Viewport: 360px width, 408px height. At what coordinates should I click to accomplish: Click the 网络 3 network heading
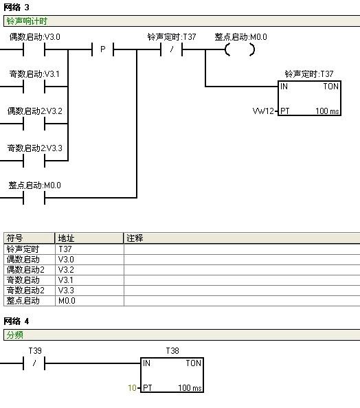tap(16, 8)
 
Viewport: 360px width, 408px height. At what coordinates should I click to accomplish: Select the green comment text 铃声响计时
tap(27, 21)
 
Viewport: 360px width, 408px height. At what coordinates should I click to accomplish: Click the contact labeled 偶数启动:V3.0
tap(34, 49)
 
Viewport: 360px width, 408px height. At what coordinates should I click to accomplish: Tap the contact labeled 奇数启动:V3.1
tap(34, 87)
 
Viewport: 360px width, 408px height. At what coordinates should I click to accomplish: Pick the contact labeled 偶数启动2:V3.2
tap(34, 124)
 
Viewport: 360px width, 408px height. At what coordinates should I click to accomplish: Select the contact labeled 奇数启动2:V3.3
tap(34, 161)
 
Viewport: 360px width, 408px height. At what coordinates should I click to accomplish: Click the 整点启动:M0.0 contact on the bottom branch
tap(34, 198)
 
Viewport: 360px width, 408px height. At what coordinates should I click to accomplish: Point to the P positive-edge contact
tap(103, 49)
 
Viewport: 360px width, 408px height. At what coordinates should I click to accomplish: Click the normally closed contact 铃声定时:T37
tap(172, 49)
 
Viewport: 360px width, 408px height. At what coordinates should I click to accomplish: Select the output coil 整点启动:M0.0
tap(240, 49)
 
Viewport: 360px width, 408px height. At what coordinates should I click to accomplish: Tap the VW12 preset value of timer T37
tap(263, 111)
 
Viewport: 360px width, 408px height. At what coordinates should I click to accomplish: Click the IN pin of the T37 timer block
tap(284, 87)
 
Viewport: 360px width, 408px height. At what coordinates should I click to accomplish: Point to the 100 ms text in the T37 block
tap(327, 111)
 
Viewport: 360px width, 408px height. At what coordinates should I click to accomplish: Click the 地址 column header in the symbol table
tap(66, 238)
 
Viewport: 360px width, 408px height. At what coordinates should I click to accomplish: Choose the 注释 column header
tap(135, 238)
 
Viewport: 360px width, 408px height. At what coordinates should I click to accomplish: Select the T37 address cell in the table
tap(65, 249)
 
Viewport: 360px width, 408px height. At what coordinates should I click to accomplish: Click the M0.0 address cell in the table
tap(67, 301)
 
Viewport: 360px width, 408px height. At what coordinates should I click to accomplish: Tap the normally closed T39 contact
tap(34, 363)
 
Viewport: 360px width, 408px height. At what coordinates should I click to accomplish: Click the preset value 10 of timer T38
tap(132, 388)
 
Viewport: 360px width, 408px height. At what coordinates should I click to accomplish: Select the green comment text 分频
tap(15, 335)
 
